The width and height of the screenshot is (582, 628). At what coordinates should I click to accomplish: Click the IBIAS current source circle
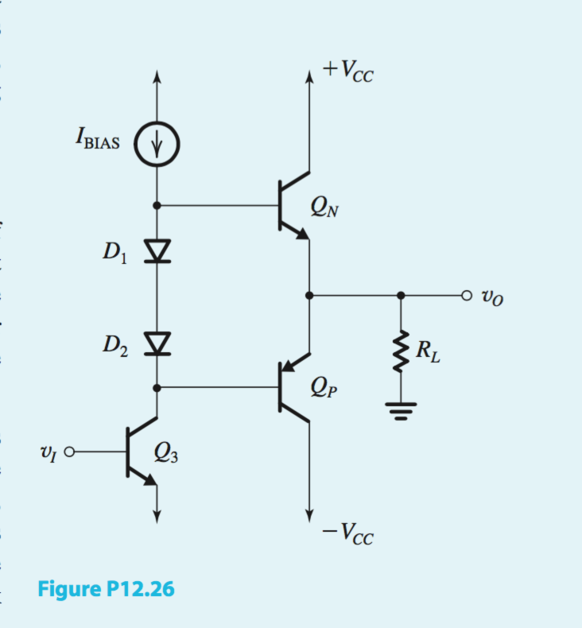coord(157,145)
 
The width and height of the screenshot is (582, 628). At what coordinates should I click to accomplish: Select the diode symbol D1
coord(157,250)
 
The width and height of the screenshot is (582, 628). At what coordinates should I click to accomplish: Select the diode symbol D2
coord(157,343)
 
